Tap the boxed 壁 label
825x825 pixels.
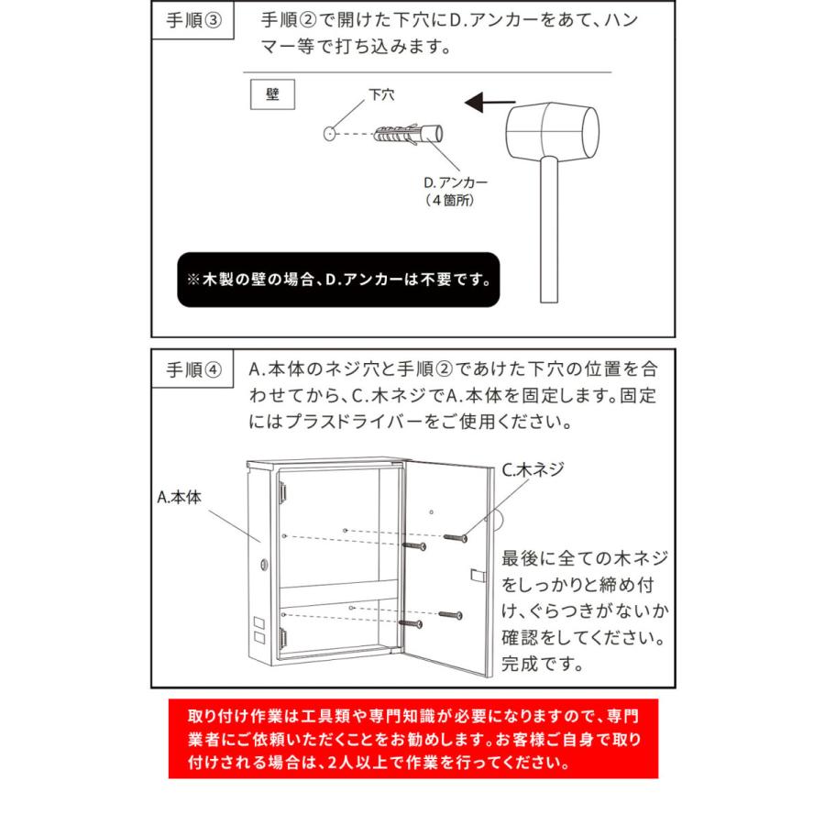point(272,94)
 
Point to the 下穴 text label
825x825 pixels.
point(381,94)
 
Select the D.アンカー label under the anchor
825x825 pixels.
point(456,181)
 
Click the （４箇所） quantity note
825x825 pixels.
point(449,199)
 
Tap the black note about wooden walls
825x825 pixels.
point(338,280)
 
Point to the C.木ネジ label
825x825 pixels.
point(533,470)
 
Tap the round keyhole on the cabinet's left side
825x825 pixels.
point(265,564)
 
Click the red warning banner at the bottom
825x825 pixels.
point(412,739)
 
